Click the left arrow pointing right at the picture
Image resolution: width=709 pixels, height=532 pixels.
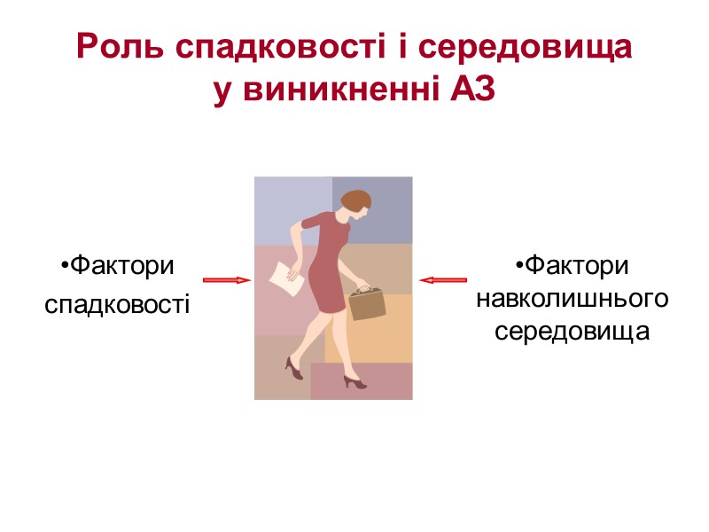tap(227, 280)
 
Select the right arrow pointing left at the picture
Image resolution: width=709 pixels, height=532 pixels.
tap(442, 280)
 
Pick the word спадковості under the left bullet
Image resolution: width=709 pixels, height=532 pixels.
tap(117, 306)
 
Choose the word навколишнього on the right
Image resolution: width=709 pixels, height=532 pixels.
tap(573, 298)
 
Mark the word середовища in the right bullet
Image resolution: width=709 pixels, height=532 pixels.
tap(573, 331)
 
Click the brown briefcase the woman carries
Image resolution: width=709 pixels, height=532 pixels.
tap(368, 302)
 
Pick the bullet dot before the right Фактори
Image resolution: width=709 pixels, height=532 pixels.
tap(518, 266)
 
